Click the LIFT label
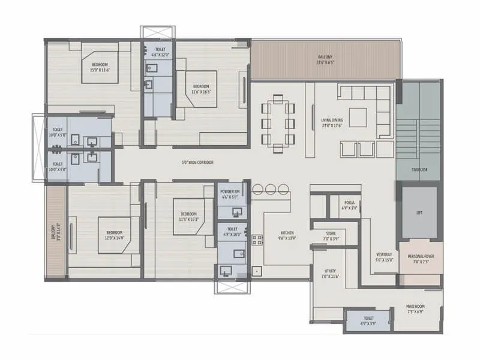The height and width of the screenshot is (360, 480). point(419,212)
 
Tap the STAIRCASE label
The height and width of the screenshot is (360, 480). point(419,170)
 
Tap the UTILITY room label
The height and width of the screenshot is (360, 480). point(330,273)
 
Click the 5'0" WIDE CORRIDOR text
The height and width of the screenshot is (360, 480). point(197,163)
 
